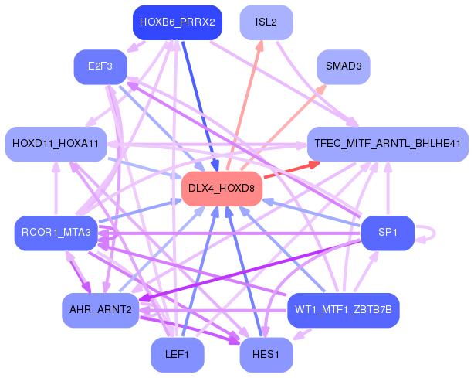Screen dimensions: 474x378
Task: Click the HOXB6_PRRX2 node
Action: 178,22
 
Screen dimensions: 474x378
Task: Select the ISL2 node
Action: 266,22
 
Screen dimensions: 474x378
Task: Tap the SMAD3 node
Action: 344,67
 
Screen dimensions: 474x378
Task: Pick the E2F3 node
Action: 100,67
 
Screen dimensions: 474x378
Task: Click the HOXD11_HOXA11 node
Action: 56,144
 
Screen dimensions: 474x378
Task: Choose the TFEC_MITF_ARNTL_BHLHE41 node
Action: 388,144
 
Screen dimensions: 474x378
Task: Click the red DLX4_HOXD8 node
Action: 222,189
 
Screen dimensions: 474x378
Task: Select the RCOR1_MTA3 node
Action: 56,233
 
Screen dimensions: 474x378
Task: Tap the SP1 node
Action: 388,233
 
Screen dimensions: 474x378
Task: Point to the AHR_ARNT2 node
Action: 100,310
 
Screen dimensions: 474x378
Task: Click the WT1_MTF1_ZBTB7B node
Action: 344,310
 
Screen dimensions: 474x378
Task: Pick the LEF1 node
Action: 178,355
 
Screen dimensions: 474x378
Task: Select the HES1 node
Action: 266,355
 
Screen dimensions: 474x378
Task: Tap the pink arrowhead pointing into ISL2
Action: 259,46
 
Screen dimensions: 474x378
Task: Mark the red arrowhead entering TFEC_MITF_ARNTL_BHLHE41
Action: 314,165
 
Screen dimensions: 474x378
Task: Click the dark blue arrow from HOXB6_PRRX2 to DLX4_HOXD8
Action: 200,106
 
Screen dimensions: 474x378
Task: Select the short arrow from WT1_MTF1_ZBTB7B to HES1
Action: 303,334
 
